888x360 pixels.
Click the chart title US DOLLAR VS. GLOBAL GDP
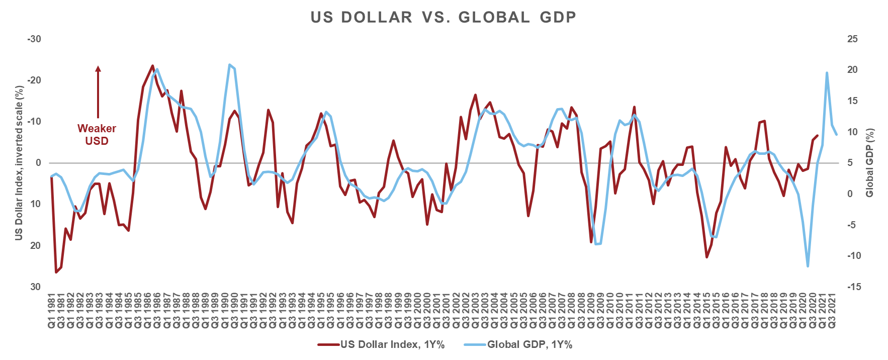[x=443, y=17]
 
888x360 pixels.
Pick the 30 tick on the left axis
[x=35, y=287]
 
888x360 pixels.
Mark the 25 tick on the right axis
[x=853, y=39]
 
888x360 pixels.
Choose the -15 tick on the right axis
[x=854, y=287]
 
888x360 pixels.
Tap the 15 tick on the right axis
[x=853, y=101]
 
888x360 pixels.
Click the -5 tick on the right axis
[x=854, y=225]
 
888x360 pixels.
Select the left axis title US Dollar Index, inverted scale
[x=19, y=163]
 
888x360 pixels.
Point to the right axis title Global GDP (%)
[x=870, y=163]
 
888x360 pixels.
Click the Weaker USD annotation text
[x=97, y=135]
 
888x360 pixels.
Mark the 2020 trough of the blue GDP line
[x=808, y=266]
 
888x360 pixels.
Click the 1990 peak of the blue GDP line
[x=229, y=65]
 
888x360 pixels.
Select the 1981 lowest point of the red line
[x=56, y=273]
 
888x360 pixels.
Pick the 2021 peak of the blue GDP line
[x=827, y=73]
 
